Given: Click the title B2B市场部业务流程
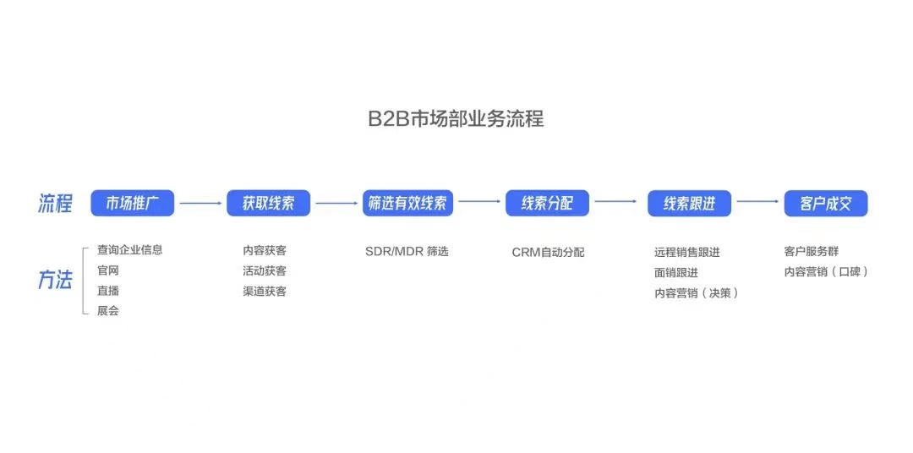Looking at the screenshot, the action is click(x=456, y=118).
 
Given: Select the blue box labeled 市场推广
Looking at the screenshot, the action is click(x=133, y=203).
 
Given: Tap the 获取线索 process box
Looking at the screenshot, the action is click(x=269, y=203).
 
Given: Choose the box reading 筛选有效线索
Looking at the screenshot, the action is click(x=407, y=203).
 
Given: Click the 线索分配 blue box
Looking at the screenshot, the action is click(x=547, y=203).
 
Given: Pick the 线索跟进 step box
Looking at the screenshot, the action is click(x=690, y=203).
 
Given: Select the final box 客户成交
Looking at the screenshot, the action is click(x=826, y=203).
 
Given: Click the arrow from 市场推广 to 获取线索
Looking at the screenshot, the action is click(x=201, y=203).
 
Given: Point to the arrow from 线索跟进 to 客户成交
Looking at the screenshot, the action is click(x=757, y=202).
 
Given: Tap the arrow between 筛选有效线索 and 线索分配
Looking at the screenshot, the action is click(x=479, y=201).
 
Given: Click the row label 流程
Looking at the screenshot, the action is click(x=55, y=205).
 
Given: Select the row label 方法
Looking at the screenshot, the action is click(x=55, y=280).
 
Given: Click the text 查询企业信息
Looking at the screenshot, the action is click(x=130, y=250).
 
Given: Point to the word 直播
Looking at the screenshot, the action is click(x=108, y=291).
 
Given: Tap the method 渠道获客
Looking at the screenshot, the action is click(x=265, y=291).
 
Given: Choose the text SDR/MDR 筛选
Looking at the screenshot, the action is click(x=407, y=252).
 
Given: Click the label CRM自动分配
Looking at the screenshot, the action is click(x=549, y=252).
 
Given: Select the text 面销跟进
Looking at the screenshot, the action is click(x=676, y=272).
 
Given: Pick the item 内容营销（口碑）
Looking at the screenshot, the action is click(x=826, y=271).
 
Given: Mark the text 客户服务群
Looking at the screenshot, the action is click(x=811, y=252).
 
